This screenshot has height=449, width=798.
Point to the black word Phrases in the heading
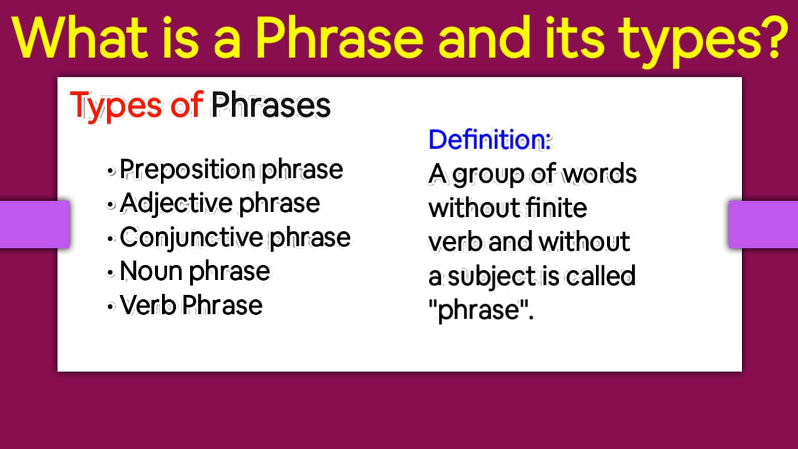pos(271,105)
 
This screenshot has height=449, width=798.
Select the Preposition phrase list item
pos(231,170)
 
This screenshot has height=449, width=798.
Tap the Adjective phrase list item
pos(219,203)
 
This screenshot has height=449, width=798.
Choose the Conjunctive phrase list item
pos(235,238)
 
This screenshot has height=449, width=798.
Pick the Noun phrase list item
pos(195,271)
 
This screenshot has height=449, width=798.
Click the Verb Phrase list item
pos(191,305)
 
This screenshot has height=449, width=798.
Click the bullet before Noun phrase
pos(110,273)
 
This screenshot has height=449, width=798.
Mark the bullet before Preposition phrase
pos(110,170)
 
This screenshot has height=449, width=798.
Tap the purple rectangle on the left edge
pos(34,224)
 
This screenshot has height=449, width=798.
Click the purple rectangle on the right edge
pos(763,224)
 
